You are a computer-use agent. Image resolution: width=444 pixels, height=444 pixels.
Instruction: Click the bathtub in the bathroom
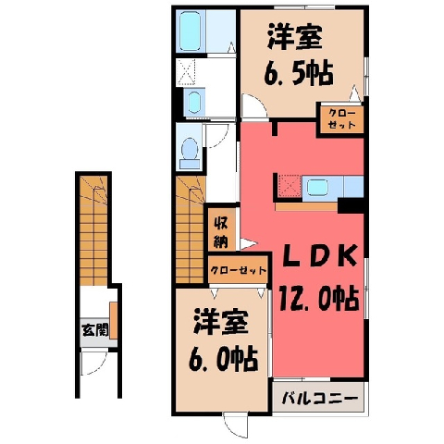pyautogui.click(x=191, y=31)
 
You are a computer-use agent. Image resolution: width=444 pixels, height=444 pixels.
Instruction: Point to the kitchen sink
pyautogui.click(x=316, y=187)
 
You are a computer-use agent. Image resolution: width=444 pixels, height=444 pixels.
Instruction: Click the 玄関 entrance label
pyautogui.click(x=95, y=331)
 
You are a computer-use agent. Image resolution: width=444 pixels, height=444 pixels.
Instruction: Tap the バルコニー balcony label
pyautogui.click(x=320, y=399)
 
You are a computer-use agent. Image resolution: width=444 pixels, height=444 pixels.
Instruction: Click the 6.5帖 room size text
pyautogui.click(x=299, y=74)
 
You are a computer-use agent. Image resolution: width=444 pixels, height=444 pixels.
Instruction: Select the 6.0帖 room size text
pyautogui.click(x=223, y=359)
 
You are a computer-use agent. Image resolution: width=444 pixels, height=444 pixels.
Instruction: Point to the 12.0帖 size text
pyautogui.click(x=319, y=299)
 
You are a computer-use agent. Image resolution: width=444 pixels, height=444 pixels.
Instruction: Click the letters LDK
pyautogui.click(x=320, y=256)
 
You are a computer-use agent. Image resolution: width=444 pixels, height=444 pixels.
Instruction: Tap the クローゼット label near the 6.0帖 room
pyautogui.click(x=238, y=270)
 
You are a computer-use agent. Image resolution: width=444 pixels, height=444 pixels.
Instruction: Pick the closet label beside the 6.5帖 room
pyautogui.click(x=341, y=119)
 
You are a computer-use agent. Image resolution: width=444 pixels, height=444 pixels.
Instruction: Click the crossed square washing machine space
pyautogui.click(x=186, y=72)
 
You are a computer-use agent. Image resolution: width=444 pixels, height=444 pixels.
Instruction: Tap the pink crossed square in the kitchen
pyautogui.click(x=290, y=186)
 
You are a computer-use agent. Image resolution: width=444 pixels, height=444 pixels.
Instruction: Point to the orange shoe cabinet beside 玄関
pyautogui.click(x=114, y=321)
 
